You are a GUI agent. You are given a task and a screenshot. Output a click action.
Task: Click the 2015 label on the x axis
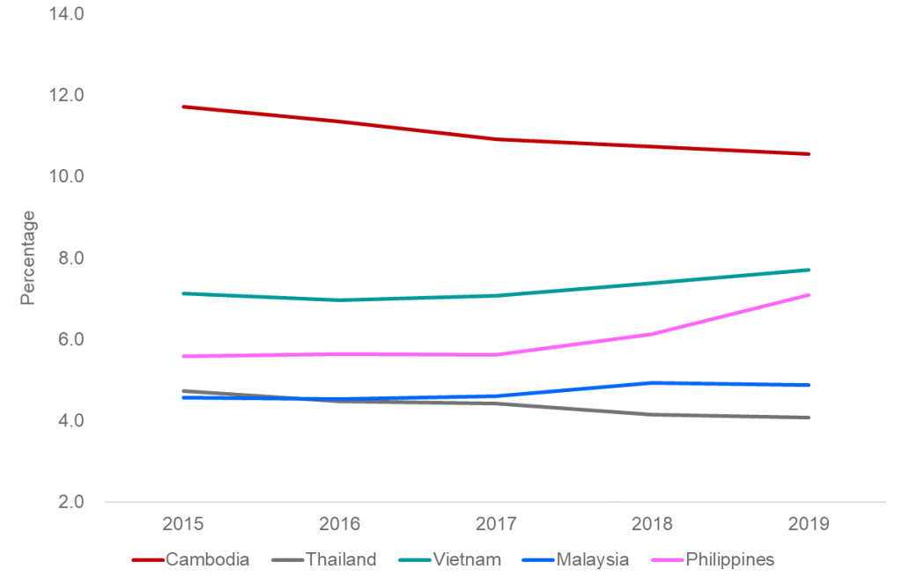183,524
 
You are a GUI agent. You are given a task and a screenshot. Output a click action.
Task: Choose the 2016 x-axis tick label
340,524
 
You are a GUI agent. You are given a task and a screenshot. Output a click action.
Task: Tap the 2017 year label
496,524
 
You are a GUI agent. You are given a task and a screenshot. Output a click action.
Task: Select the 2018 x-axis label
653,524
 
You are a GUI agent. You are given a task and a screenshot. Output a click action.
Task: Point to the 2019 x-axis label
809,524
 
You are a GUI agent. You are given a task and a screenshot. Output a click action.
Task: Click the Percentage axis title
28,257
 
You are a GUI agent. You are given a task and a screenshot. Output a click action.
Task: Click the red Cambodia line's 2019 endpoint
809,153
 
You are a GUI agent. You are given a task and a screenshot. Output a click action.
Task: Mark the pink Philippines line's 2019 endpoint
809,294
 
